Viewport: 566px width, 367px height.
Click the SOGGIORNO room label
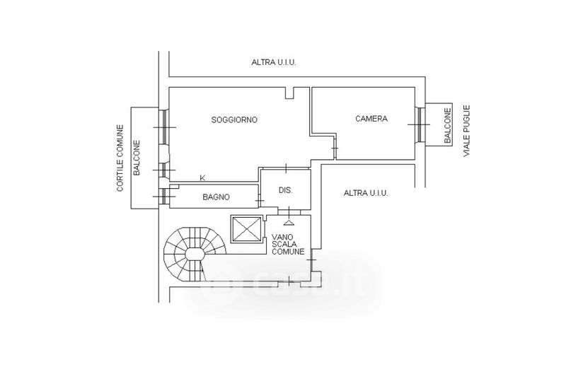click(234, 120)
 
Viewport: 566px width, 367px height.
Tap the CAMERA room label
click(371, 118)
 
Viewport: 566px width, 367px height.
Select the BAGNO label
click(214, 197)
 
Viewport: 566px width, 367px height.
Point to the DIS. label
click(285, 190)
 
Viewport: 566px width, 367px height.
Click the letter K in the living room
click(203, 177)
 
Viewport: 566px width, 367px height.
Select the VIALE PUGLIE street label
click(467, 132)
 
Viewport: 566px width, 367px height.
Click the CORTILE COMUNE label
click(121, 159)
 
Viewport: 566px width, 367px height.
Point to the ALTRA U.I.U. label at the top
click(274, 62)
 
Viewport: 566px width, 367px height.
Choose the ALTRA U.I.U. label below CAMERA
click(366, 192)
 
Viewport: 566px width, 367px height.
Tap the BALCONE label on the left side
click(137, 158)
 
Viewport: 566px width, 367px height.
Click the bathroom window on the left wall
click(163, 196)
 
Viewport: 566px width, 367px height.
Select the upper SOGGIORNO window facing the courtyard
click(163, 127)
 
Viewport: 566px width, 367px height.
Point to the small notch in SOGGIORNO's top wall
click(289, 92)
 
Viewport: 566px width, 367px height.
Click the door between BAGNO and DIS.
click(260, 201)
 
